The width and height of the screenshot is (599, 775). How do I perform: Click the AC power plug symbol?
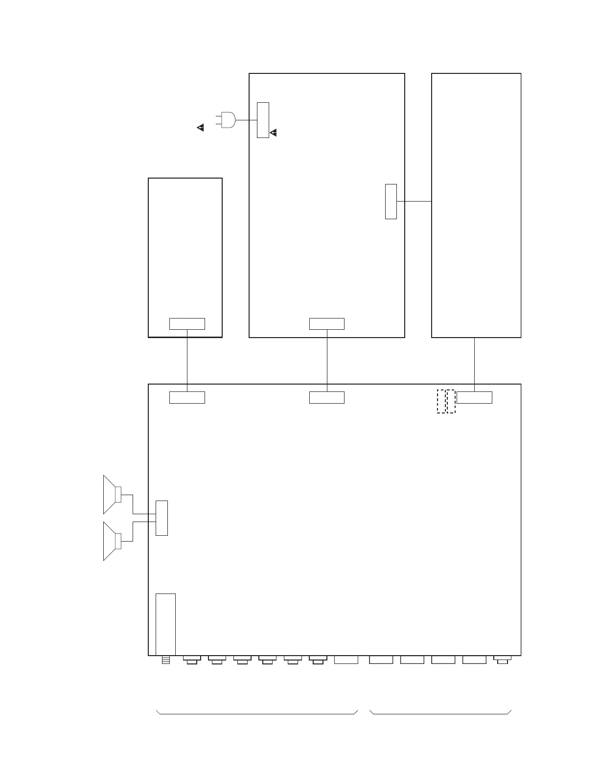point(227,120)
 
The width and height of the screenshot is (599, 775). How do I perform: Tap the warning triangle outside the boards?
point(201,128)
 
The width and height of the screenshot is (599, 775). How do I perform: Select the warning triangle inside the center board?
point(274,133)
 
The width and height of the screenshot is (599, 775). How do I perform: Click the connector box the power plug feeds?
point(263,120)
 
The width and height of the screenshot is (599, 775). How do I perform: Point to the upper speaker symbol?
point(112,494)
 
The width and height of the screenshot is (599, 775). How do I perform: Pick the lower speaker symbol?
point(112,541)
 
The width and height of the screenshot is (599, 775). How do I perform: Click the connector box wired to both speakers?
point(161,518)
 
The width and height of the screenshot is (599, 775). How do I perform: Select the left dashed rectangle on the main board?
point(441,401)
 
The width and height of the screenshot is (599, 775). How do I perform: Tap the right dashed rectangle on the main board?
point(451,401)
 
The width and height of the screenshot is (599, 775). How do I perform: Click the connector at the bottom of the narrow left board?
point(187,324)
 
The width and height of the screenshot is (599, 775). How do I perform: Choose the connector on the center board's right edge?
point(391,201)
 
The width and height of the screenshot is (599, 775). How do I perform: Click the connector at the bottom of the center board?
point(327,324)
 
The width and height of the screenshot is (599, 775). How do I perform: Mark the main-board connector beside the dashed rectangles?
point(474,397)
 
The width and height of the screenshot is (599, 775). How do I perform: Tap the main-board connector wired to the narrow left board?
point(187,397)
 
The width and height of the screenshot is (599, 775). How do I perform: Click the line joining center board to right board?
point(414,201)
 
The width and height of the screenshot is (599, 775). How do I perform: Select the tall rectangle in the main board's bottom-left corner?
point(165,624)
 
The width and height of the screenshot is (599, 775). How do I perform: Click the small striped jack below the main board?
point(165,661)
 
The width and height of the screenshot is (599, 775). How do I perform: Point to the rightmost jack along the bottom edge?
point(502,660)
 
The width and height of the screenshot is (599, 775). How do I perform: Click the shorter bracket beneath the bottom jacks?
point(440,713)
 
